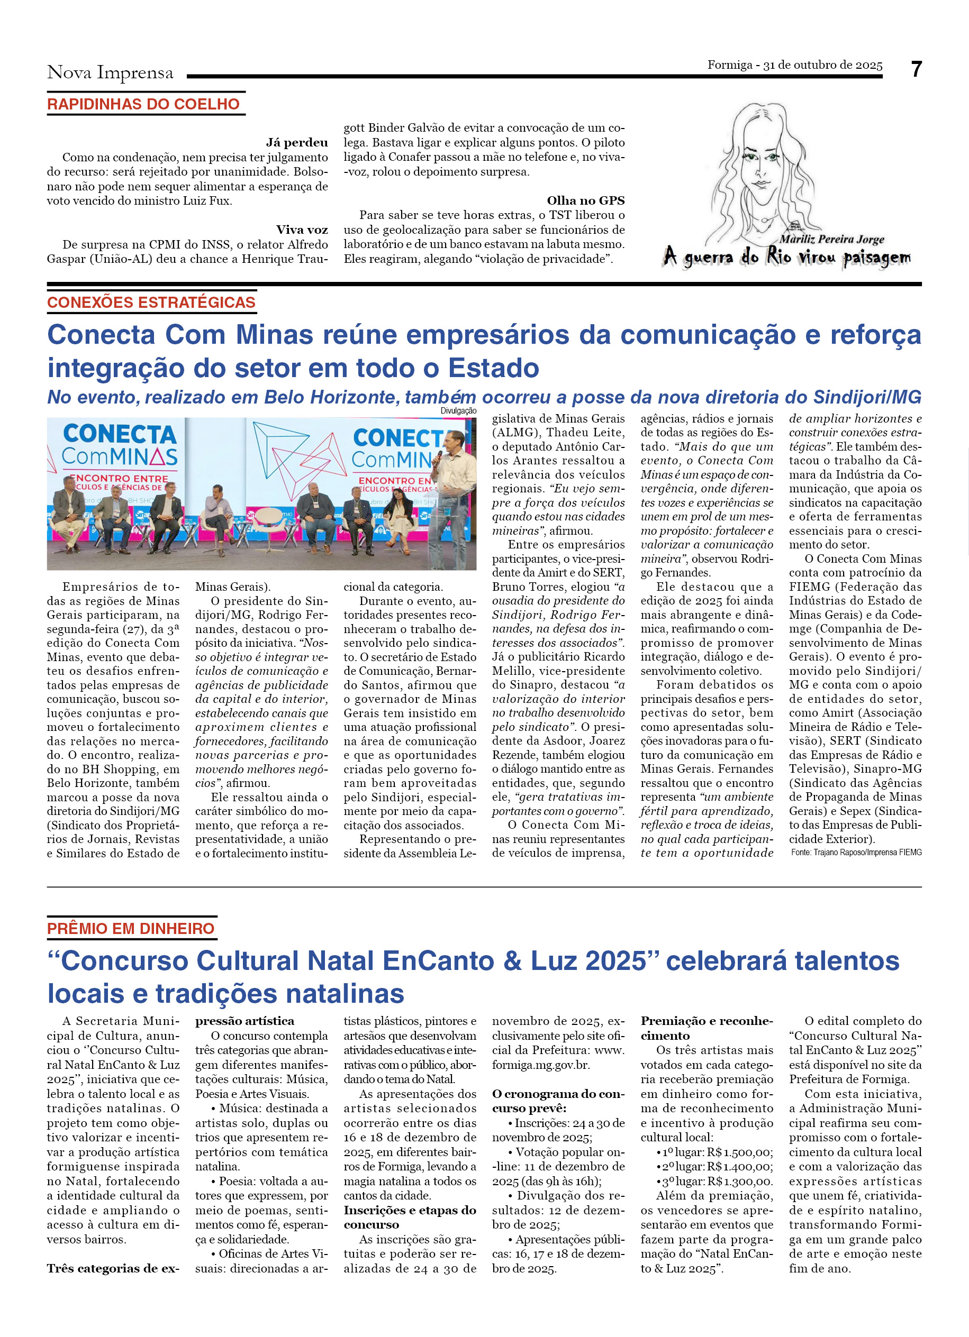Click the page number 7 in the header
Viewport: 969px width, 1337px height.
pyautogui.click(x=916, y=70)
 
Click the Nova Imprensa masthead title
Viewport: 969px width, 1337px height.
pyautogui.click(x=110, y=72)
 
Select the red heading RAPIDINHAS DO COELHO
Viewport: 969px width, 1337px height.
pyautogui.click(x=143, y=104)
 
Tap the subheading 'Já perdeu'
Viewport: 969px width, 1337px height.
pyautogui.click(x=297, y=143)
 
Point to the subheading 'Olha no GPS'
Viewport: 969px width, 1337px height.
pyautogui.click(x=585, y=200)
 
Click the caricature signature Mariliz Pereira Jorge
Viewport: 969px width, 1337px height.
pyautogui.click(x=831, y=240)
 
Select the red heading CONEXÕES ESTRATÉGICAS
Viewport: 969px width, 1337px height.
pyautogui.click(x=151, y=303)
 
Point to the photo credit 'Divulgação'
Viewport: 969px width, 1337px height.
pyautogui.click(x=458, y=411)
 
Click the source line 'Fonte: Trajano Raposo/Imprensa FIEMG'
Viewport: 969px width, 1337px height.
pyautogui.click(x=856, y=853)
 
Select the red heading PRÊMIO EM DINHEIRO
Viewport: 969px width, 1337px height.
pyautogui.click(x=131, y=929)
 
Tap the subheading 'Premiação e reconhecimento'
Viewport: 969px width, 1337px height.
pyautogui.click(x=706, y=1028)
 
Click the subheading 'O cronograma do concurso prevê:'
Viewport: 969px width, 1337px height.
pyautogui.click(x=558, y=1101)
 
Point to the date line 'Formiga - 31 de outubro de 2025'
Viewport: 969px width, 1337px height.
pyautogui.click(x=794, y=65)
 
